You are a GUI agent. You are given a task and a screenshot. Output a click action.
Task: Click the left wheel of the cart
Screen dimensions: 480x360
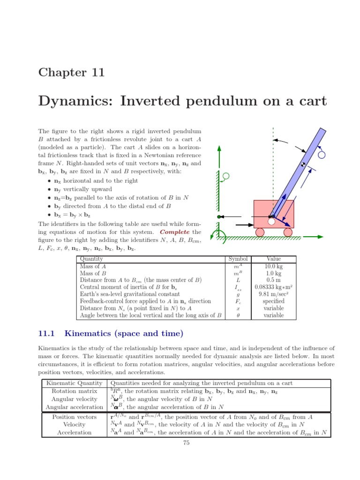point(260,232)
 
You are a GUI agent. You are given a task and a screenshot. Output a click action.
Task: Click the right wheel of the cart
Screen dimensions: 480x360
point(288,232)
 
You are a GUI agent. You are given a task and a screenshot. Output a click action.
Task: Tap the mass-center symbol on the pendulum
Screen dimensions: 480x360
point(303,165)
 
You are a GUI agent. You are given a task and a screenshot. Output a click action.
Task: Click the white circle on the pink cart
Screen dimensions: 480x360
point(271,222)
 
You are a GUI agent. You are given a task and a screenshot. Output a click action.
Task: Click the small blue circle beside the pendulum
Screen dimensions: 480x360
point(322,155)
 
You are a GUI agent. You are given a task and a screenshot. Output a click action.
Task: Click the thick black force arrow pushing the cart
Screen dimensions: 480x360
point(244,225)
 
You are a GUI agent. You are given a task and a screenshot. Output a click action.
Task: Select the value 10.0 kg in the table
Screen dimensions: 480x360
point(274,266)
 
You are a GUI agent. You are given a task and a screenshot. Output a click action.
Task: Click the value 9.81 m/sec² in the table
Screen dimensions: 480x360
point(274,294)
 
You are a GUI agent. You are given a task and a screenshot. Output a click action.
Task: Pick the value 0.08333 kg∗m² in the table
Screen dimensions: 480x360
point(274,287)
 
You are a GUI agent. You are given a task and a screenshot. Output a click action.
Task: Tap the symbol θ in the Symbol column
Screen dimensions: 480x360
point(238,315)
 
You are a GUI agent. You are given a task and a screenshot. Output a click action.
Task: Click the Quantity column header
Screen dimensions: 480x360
point(91,259)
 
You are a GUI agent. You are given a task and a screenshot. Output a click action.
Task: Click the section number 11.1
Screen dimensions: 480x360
point(46,334)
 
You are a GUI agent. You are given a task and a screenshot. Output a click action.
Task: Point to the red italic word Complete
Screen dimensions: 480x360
point(175,232)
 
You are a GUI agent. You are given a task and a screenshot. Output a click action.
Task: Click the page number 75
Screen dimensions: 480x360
point(186,443)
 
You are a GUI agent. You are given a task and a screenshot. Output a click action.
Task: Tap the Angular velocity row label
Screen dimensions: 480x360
point(74,399)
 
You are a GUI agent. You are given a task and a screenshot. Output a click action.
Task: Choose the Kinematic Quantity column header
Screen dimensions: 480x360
point(74,383)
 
